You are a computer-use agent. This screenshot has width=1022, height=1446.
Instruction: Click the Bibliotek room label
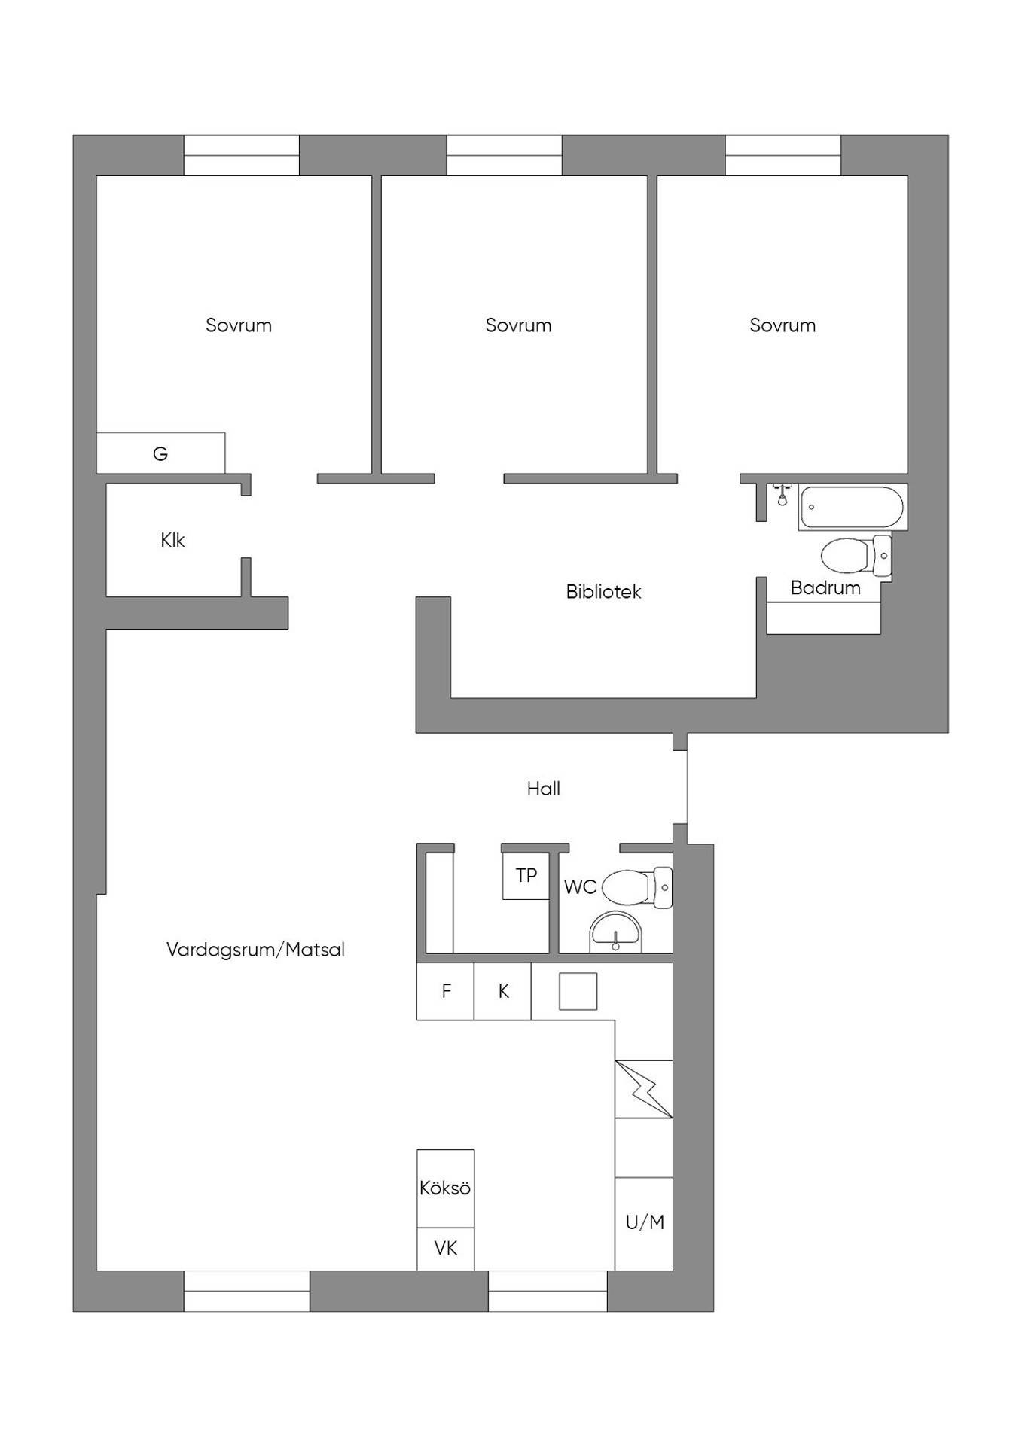603,592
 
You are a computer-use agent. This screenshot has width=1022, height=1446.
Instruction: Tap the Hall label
543,789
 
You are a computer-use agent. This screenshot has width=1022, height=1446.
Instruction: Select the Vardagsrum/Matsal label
255,950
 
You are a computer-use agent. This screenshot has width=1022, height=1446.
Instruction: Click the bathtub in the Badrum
851,507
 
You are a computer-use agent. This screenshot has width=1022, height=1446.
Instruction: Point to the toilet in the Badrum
856,557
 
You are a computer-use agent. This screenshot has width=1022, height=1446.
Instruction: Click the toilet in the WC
637,887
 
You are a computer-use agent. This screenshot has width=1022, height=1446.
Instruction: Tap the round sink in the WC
615,932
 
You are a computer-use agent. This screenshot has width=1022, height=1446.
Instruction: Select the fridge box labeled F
445,991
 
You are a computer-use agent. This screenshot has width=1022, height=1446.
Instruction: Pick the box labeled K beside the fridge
503,991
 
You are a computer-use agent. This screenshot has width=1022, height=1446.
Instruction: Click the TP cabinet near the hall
526,875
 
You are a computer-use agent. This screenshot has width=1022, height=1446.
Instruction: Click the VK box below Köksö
446,1249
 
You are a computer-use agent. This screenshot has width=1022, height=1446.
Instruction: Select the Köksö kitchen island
446,1188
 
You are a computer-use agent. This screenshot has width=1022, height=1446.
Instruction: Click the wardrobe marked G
160,453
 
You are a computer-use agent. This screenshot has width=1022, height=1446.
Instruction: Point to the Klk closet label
172,540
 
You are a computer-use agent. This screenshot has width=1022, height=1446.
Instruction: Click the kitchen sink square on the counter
578,991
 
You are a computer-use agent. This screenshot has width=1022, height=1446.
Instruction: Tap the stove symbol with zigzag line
644,1089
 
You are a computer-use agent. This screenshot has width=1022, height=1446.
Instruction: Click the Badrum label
825,588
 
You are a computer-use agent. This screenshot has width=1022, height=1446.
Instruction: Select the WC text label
580,887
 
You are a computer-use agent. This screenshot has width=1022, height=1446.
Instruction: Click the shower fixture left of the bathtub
783,495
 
